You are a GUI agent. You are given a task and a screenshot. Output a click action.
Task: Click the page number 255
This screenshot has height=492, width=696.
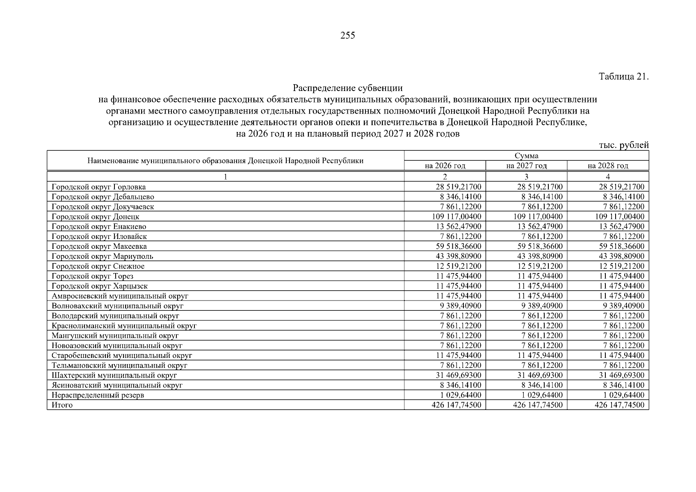348,36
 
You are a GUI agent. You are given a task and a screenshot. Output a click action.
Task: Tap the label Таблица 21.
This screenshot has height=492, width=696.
624,77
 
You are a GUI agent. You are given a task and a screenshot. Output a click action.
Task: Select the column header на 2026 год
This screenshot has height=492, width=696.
445,166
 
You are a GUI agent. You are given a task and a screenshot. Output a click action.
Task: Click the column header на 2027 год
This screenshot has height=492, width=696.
526,166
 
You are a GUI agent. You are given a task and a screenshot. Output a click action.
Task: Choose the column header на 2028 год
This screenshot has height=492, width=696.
608,166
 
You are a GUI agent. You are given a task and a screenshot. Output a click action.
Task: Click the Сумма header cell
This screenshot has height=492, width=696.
526,156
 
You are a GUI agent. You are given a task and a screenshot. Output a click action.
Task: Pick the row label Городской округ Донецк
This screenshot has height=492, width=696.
96,216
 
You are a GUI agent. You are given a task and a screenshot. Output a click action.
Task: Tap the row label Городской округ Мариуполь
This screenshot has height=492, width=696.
103,256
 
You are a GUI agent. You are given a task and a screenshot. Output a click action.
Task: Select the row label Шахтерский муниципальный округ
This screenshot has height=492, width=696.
114,375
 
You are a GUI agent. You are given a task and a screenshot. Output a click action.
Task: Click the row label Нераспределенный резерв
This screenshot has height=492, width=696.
98,395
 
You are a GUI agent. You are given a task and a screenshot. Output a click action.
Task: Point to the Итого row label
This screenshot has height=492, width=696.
62,405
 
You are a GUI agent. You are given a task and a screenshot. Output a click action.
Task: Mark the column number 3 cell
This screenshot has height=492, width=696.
526,177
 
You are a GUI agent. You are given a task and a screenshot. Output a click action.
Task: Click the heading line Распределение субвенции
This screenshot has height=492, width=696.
348,88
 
